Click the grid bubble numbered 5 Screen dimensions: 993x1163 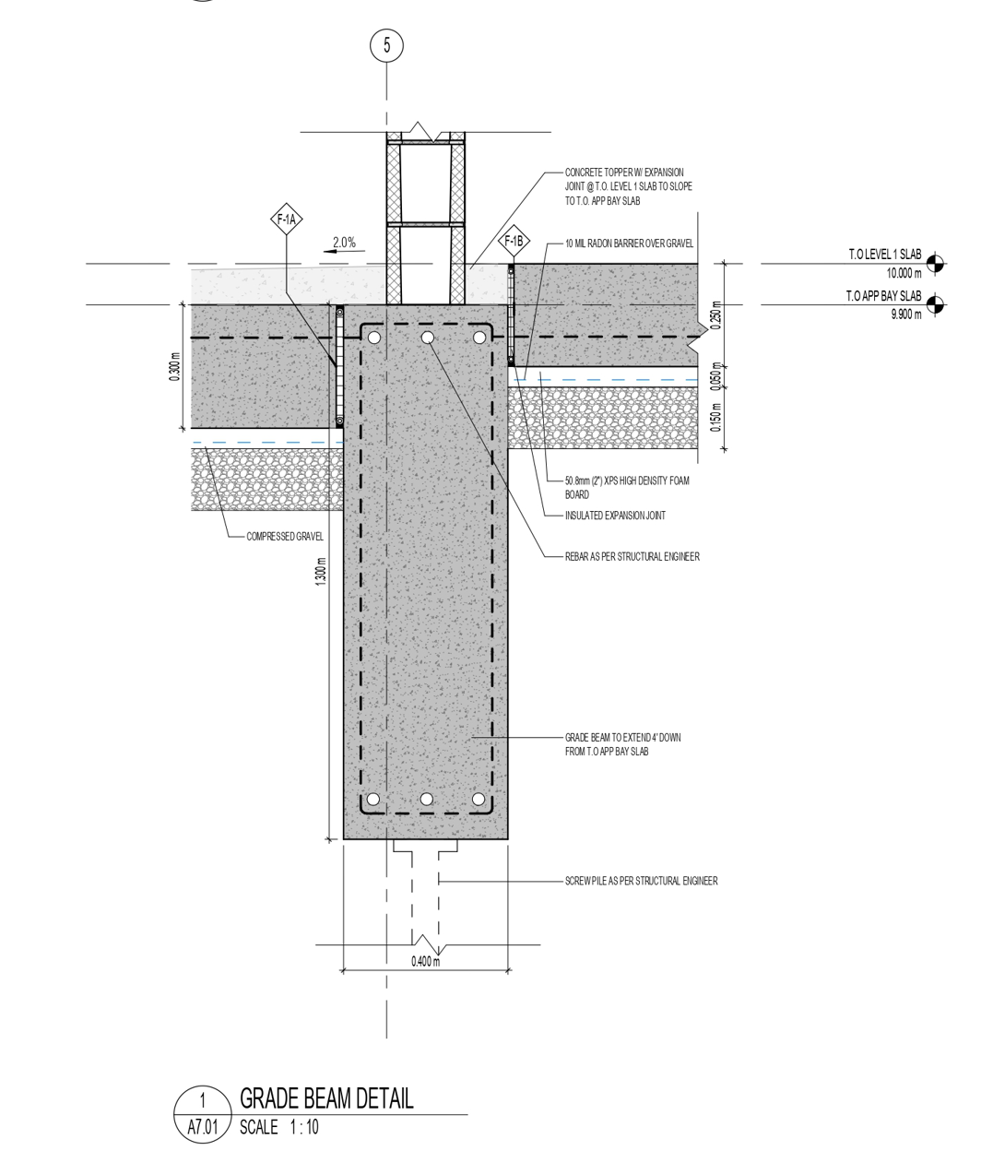coord(386,45)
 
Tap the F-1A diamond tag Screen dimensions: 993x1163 coord(287,220)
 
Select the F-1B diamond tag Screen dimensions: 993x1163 coord(514,242)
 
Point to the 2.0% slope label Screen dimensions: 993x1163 coord(344,243)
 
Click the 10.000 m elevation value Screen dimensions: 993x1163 coord(904,273)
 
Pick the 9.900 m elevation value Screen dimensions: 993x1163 coord(905,314)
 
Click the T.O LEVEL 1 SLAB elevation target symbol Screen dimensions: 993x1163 coord(935,263)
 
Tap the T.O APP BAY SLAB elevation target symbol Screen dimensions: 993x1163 coord(935,304)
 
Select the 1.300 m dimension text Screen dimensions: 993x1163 coord(321,571)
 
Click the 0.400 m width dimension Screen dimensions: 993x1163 coord(425,961)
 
